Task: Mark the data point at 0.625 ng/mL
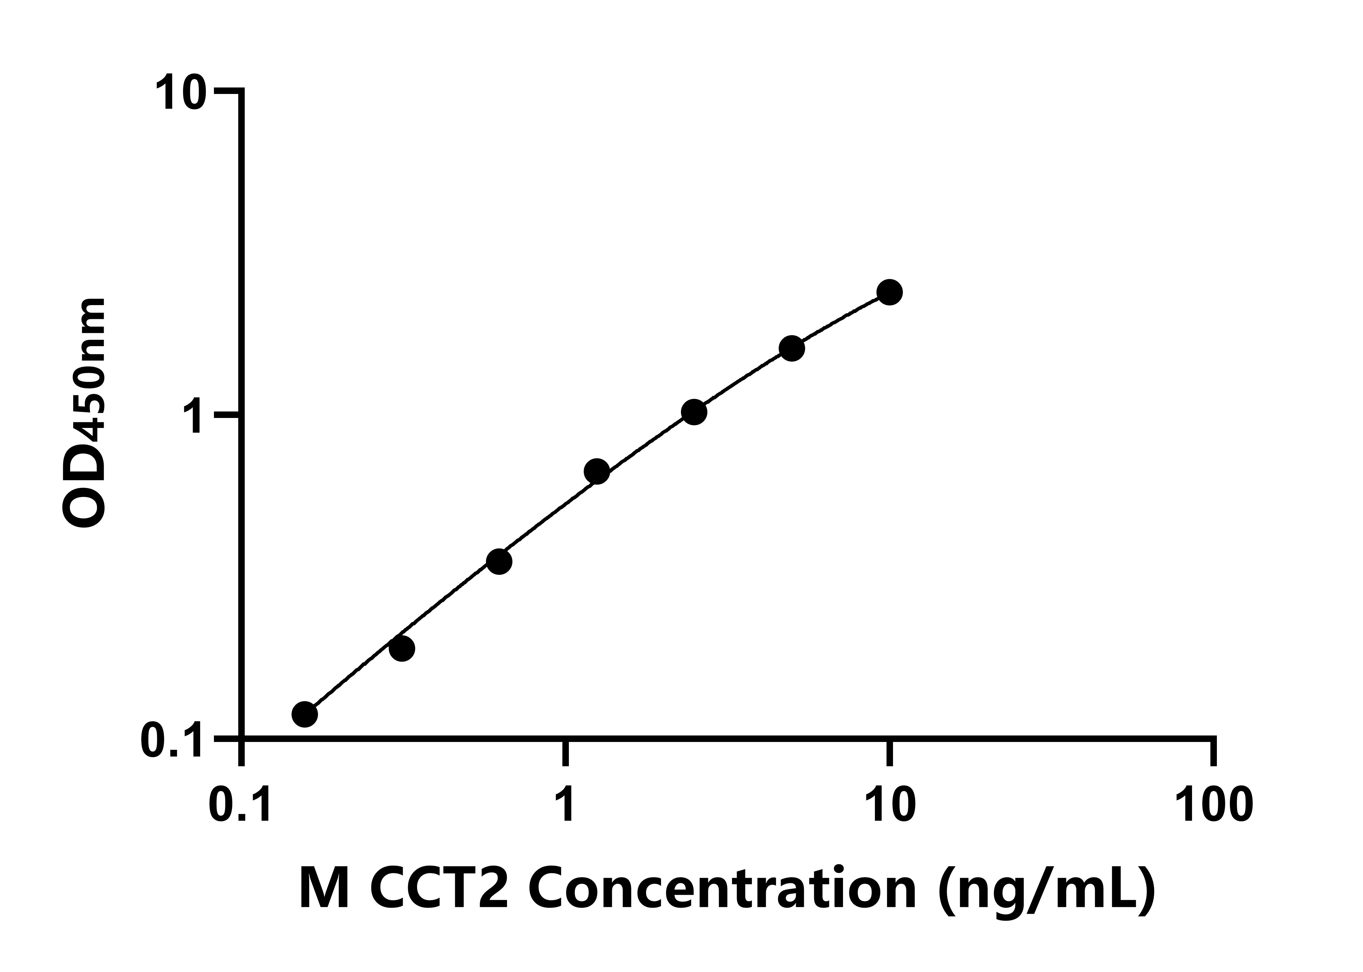tap(499, 561)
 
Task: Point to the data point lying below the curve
tap(402, 648)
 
